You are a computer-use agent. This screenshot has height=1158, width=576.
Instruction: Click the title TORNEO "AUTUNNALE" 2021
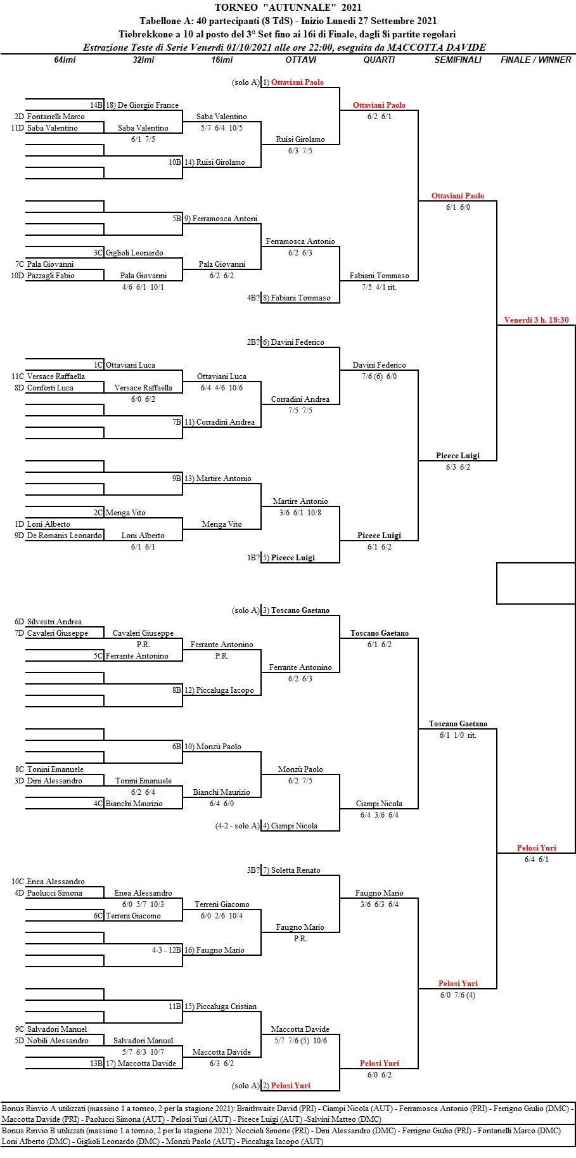click(x=288, y=8)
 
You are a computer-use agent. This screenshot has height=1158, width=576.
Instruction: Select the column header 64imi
click(x=65, y=60)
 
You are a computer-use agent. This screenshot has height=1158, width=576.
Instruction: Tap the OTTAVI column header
click(x=300, y=60)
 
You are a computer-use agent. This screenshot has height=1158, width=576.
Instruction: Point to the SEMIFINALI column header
click(x=458, y=60)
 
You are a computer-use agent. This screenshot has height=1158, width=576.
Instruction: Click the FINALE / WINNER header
click(x=536, y=60)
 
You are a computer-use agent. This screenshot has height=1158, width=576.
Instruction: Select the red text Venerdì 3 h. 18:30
click(x=536, y=320)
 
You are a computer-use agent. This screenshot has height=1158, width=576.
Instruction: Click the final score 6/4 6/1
click(x=536, y=859)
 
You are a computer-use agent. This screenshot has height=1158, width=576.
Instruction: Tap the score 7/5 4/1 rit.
click(x=379, y=287)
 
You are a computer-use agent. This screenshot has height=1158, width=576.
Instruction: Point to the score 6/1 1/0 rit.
click(x=458, y=735)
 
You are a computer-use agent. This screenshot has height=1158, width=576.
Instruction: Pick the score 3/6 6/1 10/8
click(x=300, y=513)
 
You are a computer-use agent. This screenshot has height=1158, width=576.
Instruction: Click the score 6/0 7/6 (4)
click(x=458, y=995)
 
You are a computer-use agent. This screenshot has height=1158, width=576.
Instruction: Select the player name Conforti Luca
click(x=50, y=388)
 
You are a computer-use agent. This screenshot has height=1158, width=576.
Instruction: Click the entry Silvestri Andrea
click(x=54, y=622)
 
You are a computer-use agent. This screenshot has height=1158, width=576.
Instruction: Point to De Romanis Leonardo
click(x=64, y=536)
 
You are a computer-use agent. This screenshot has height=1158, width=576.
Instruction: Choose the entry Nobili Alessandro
click(x=58, y=1041)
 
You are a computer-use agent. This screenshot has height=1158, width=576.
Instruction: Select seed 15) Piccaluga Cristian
click(x=221, y=1007)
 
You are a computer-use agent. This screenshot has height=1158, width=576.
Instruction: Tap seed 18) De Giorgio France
click(x=142, y=105)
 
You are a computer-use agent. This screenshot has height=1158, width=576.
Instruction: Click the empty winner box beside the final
click(x=535, y=583)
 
